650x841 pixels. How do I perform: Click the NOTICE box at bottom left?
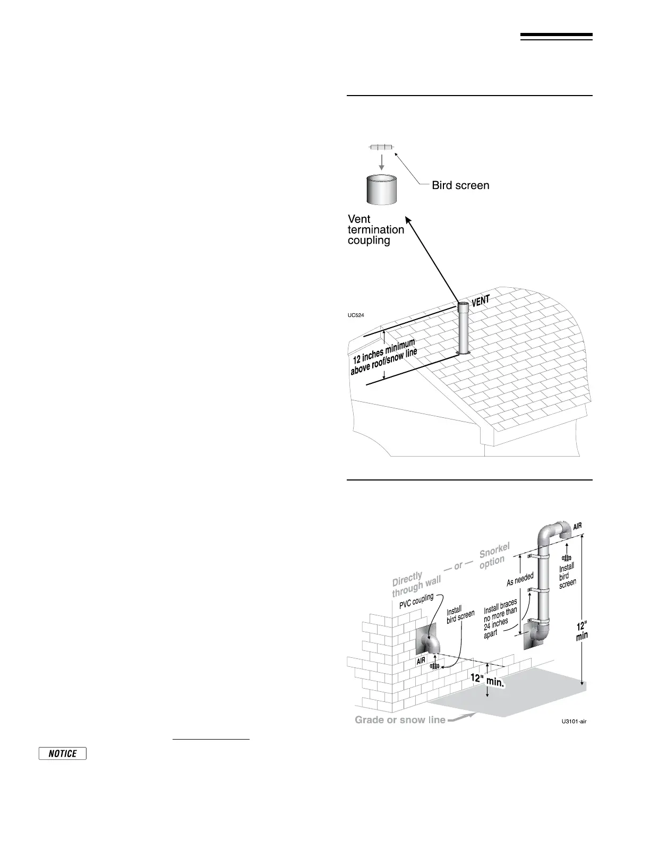point(63,753)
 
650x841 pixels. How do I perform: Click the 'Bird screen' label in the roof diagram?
point(460,185)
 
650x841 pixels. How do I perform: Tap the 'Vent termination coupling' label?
point(375,229)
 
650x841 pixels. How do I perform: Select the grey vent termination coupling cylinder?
point(382,189)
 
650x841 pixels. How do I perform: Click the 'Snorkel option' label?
point(494,556)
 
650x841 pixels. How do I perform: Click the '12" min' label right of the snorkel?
point(582,631)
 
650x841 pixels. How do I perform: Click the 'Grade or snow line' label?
point(400,720)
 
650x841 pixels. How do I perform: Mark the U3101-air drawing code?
point(574,722)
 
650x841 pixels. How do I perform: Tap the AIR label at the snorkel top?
point(577,526)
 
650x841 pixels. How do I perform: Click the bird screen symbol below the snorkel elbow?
point(567,558)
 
